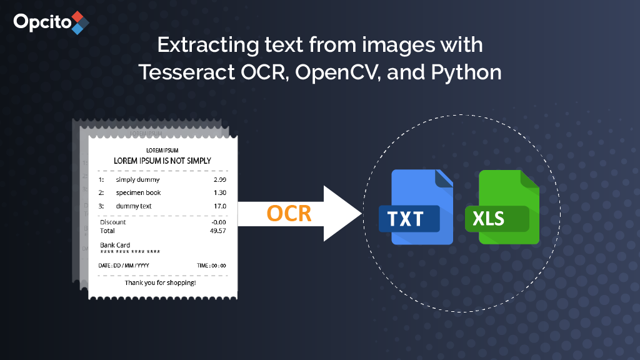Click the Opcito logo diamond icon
coord(80,22)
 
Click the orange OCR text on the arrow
coord(289,213)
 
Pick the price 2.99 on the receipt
coord(219,180)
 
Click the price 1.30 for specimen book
coord(219,192)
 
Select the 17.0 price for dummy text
coord(220,206)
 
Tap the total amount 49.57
coord(218,231)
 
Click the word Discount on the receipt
coord(113,222)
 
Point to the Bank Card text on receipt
coord(115,245)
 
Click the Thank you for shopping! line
coord(160,283)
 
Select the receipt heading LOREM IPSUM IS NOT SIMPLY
coord(162,161)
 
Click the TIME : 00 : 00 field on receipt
coord(211,266)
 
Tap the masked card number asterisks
coord(130,252)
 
